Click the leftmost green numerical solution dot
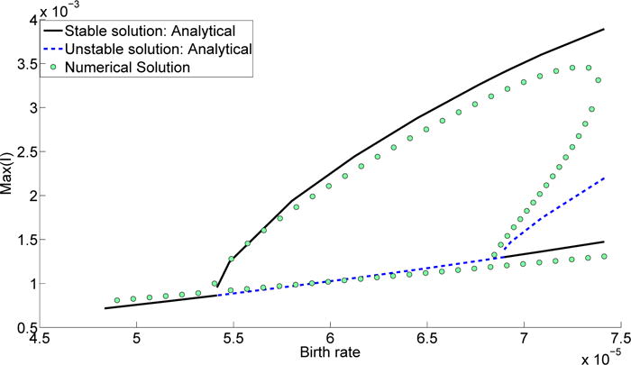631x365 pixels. click(x=117, y=300)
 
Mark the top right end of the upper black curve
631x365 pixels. click(x=603, y=30)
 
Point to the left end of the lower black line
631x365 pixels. click(x=105, y=308)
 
